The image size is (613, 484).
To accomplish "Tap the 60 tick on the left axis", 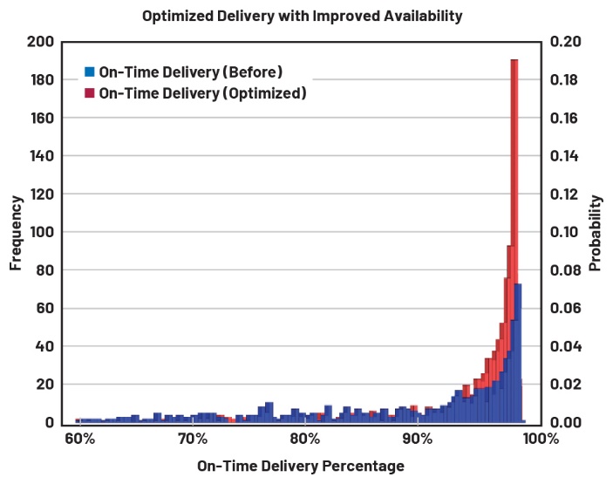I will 48,308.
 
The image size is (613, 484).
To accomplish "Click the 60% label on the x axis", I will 79,438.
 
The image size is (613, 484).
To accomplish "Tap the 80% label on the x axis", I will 304,438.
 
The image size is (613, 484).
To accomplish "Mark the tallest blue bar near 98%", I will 518,349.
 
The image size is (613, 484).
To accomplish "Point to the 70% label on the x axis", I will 192,438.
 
